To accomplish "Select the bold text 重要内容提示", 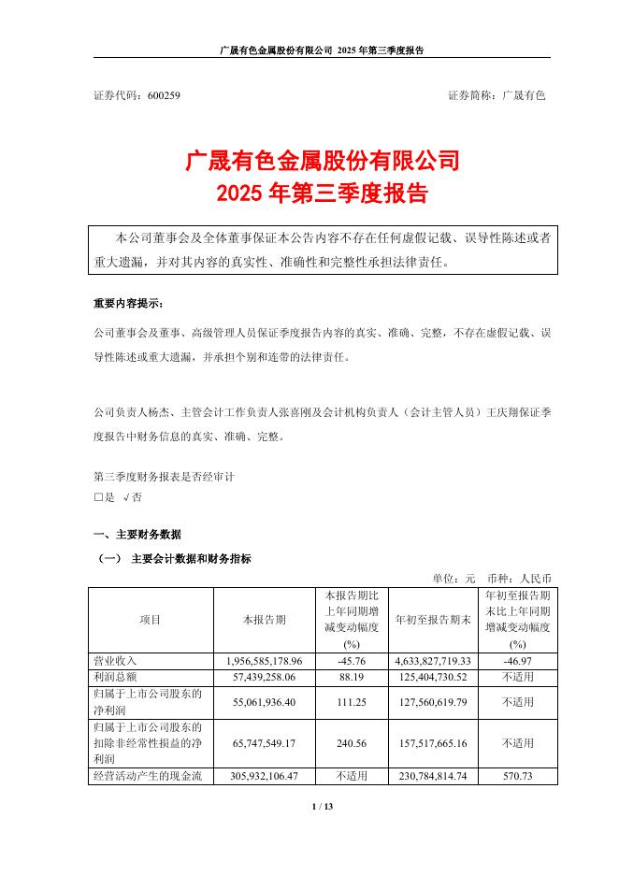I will coord(127,304).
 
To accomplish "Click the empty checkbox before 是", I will coord(98,498).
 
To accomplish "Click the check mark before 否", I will coord(127,498).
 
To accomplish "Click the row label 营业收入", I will coord(113,661).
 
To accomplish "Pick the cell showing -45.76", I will coord(352,661).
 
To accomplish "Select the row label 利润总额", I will coord(113,675).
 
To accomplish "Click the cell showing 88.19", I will coord(352,675).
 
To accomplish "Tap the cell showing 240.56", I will coord(352,743).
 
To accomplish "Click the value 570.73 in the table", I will coord(516,777).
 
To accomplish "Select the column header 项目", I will coord(151,620).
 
